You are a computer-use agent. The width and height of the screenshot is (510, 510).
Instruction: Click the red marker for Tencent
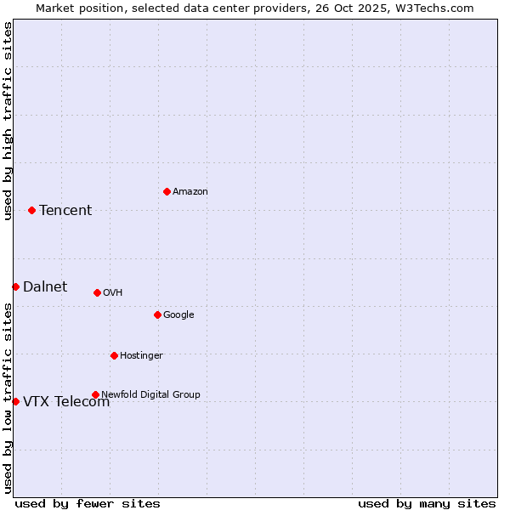pyautogui.click(x=31, y=210)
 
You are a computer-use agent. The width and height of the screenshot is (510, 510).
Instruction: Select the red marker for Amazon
pyautogui.click(x=167, y=191)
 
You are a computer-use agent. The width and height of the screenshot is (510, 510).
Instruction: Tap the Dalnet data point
pyautogui.click(x=15, y=286)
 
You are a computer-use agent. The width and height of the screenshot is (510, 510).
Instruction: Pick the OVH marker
pyautogui.click(x=97, y=292)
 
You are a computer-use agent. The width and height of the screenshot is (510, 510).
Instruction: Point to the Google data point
pyautogui.click(x=157, y=314)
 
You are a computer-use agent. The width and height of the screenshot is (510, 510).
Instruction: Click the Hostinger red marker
pyautogui.click(x=114, y=355)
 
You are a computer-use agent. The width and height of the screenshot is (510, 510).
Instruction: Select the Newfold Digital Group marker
pyautogui.click(x=95, y=394)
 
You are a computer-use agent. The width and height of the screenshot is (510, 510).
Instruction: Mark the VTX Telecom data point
pyautogui.click(x=15, y=401)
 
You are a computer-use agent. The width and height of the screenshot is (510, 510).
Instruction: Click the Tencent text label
pyautogui.click(x=65, y=211)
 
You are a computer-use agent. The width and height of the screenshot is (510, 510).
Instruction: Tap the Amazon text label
pyautogui.click(x=190, y=192)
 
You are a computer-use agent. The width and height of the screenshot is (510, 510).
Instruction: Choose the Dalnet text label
pyautogui.click(x=45, y=287)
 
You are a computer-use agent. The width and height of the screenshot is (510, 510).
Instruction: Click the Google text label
pyautogui.click(x=178, y=315)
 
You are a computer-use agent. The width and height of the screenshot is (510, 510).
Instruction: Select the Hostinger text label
pyautogui.click(x=141, y=356)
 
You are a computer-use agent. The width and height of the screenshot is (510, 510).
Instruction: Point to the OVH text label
pyautogui.click(x=113, y=293)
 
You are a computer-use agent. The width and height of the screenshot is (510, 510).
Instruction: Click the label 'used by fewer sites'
pyautogui.click(x=88, y=503)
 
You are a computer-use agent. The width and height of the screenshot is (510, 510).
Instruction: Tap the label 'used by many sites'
pyautogui.click(x=427, y=503)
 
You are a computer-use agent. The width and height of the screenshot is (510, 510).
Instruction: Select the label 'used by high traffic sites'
pyautogui.click(x=8, y=121)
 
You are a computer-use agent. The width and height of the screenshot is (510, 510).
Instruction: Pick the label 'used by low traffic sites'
pyautogui.click(x=8, y=398)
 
